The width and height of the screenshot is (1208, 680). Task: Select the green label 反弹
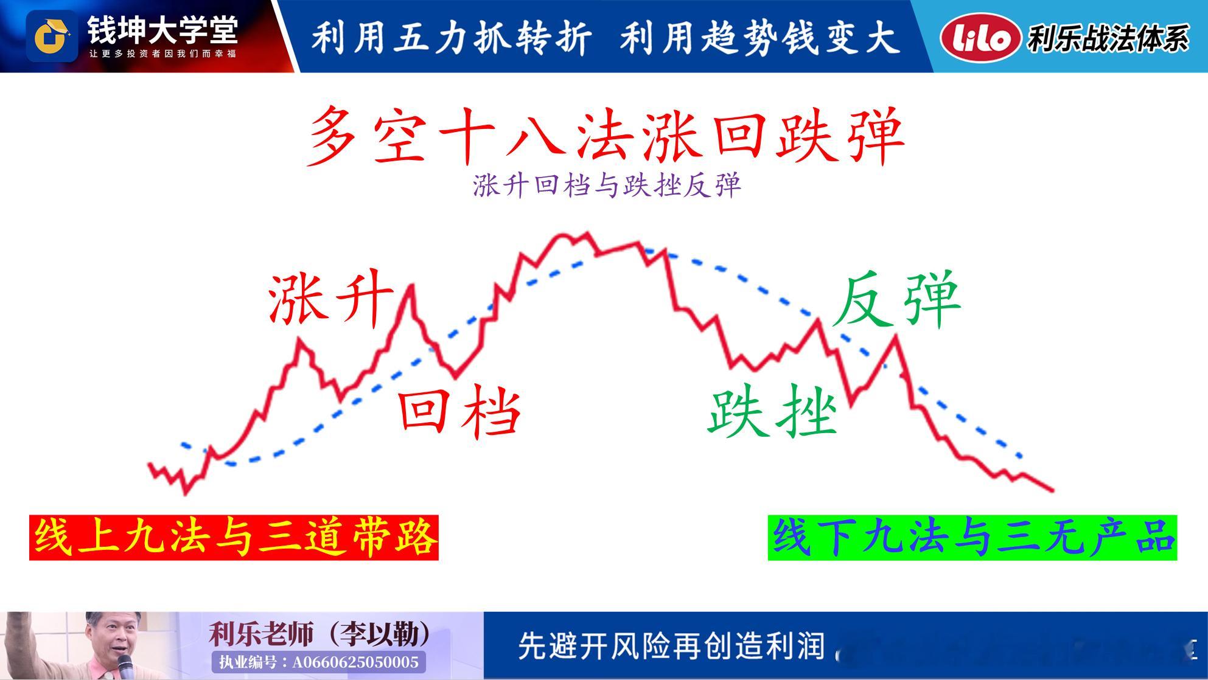pyautogui.click(x=897, y=300)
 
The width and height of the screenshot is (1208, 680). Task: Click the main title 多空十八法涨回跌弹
pyautogui.click(x=606, y=136)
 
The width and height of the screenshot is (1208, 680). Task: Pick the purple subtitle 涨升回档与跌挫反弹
pyautogui.click(x=607, y=186)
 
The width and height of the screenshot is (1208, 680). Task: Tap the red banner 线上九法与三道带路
pyautogui.click(x=234, y=538)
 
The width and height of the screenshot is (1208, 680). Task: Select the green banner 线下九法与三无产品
pyautogui.click(x=972, y=538)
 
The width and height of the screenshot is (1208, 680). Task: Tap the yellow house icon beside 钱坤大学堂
pyautogui.click(x=52, y=36)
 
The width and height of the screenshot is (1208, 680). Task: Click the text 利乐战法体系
pyautogui.click(x=1108, y=38)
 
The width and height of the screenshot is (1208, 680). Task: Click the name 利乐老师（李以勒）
pyautogui.click(x=320, y=634)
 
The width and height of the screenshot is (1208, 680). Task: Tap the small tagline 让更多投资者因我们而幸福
pyautogui.click(x=162, y=54)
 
